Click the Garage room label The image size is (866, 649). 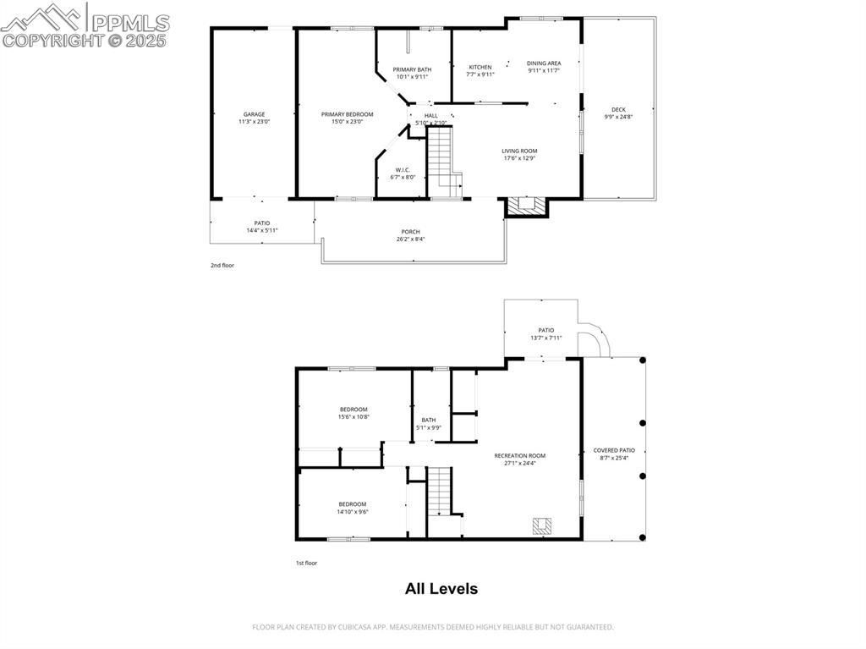pyautogui.click(x=254, y=114)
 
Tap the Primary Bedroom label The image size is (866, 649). pyautogui.click(x=347, y=114)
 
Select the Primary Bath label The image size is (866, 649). pyautogui.click(x=412, y=69)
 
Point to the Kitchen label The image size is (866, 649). pyautogui.click(x=480, y=68)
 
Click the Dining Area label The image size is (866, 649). pyautogui.click(x=544, y=63)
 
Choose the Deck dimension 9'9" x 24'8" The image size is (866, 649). pyautogui.click(x=619, y=117)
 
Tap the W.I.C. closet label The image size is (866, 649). pyautogui.click(x=403, y=170)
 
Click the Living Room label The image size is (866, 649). pyautogui.click(x=519, y=151)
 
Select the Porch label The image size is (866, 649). pyautogui.click(x=410, y=232)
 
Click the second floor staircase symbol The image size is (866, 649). pyautogui.click(x=441, y=161)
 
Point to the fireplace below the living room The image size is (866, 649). pyautogui.click(x=527, y=206)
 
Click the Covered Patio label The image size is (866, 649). pyautogui.click(x=614, y=451)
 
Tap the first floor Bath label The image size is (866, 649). pyautogui.click(x=429, y=420)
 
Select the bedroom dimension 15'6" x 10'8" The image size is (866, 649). pyautogui.click(x=354, y=416)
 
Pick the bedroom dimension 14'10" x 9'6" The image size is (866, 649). pyautogui.click(x=353, y=511)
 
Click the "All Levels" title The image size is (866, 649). pyautogui.click(x=441, y=589)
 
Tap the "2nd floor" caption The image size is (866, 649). pyautogui.click(x=222, y=266)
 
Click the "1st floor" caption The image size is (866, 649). pyautogui.click(x=305, y=563)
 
